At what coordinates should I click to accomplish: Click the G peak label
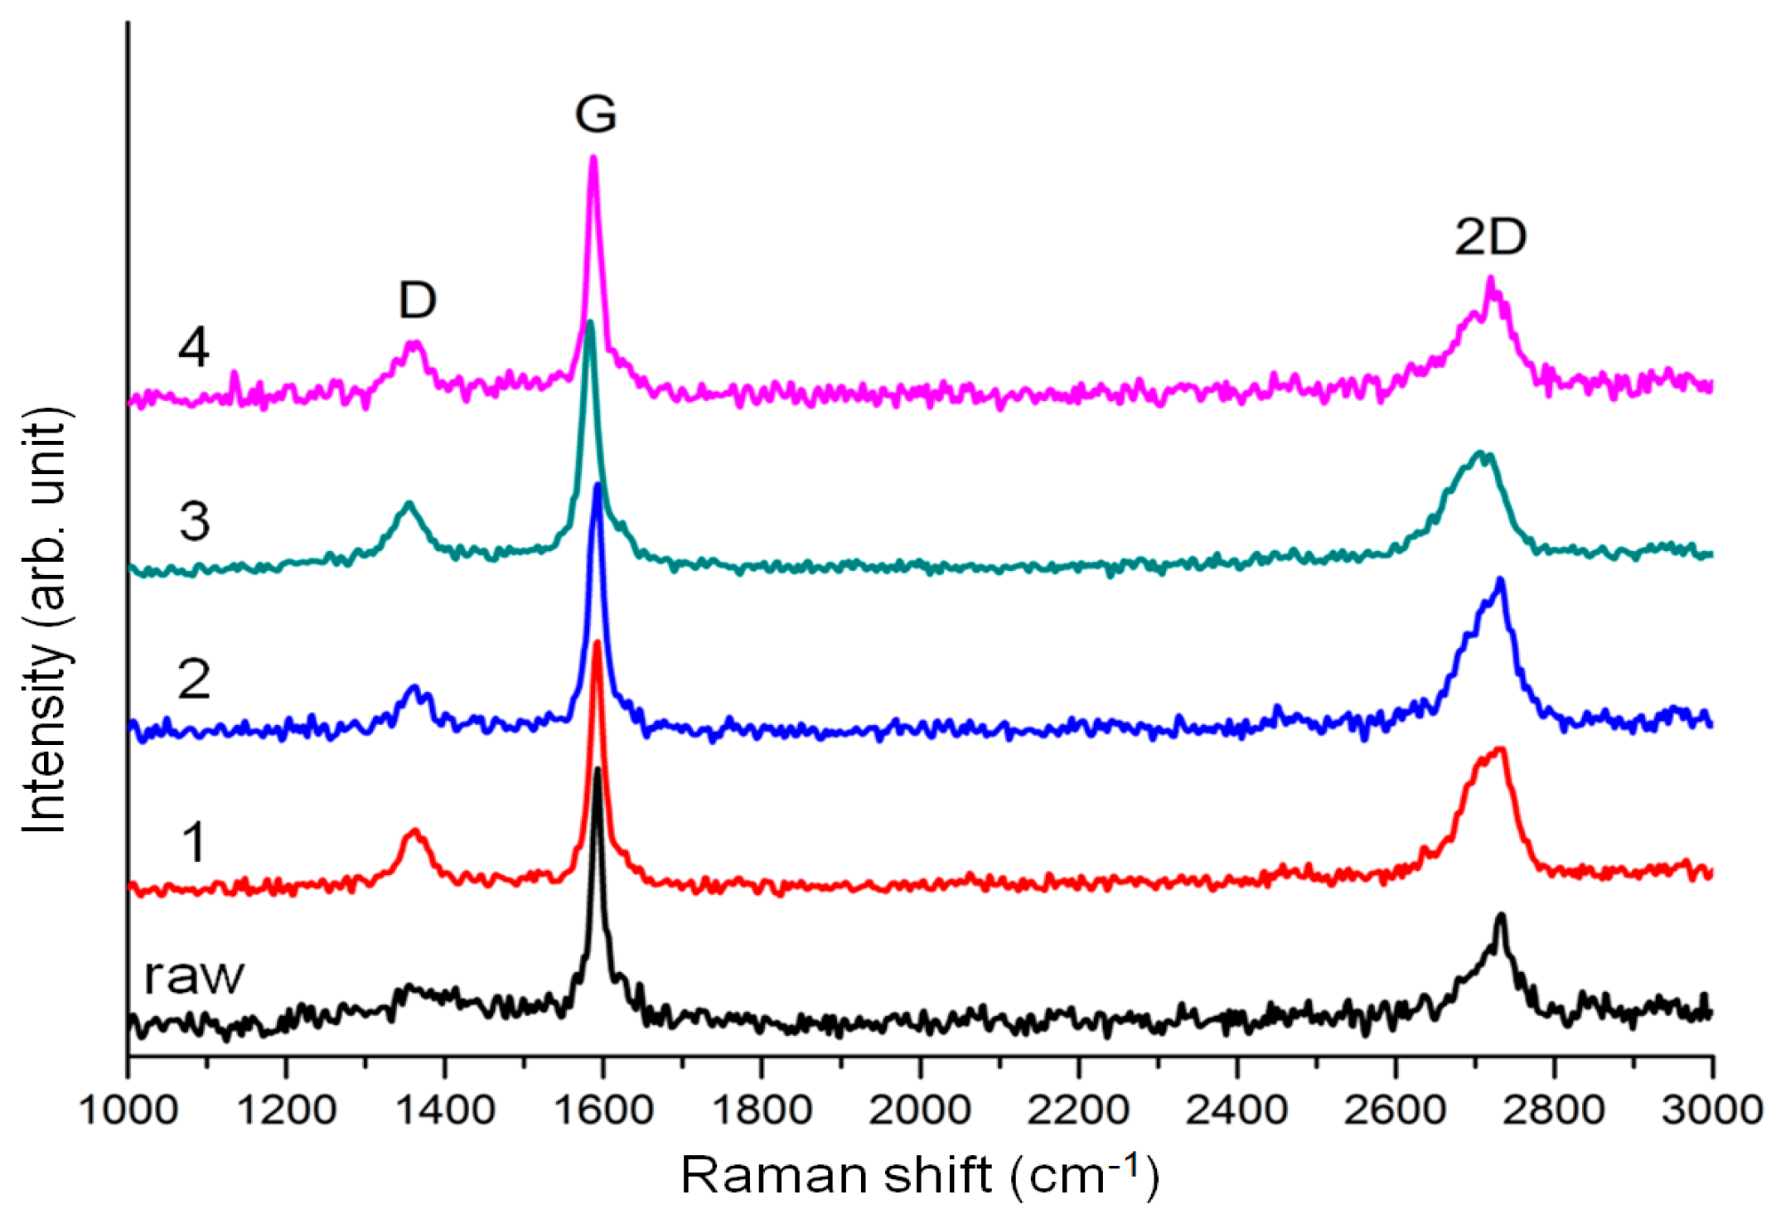595,114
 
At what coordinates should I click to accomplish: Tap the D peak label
417,300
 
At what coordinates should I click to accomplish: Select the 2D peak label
1490,238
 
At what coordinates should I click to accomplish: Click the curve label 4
194,347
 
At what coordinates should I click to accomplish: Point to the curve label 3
194,522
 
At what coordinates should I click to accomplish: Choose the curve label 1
193,842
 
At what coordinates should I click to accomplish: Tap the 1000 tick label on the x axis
128,1110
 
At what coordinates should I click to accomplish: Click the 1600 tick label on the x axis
603,1110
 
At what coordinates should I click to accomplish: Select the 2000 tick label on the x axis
920,1110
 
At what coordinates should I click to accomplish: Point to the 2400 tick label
1237,1110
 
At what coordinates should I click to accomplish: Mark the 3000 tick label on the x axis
1711,1110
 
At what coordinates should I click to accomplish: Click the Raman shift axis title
919,1175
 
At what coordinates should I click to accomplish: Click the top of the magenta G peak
593,157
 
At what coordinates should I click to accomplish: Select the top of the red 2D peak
1501,750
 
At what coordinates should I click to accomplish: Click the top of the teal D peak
408,503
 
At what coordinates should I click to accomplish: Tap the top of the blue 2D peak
1500,579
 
